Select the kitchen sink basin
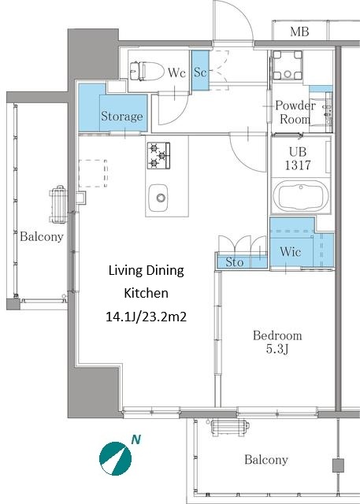[158, 198]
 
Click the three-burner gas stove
[158, 156]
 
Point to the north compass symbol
[115, 458]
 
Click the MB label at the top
[299, 31]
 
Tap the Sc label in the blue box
[200, 72]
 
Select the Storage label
[122, 116]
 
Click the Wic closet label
[290, 251]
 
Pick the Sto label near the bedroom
[234, 262]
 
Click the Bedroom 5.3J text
[277, 342]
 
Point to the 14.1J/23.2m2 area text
[147, 317]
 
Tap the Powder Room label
[295, 112]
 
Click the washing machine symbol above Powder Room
[288, 65]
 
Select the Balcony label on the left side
[42, 236]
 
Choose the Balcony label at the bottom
[265, 460]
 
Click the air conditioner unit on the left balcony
[58, 205]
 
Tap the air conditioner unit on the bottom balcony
[230, 427]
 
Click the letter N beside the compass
[136, 439]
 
